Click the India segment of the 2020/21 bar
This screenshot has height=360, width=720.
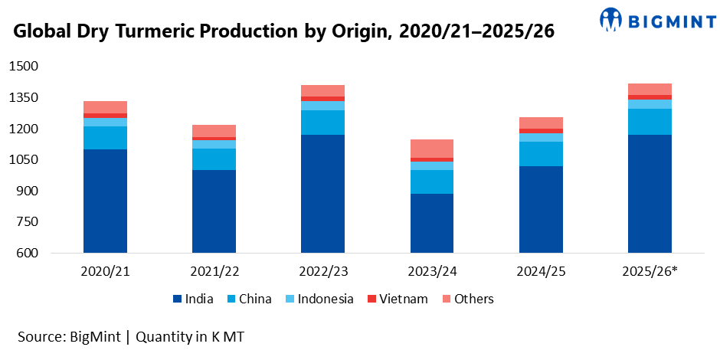[x=105, y=201]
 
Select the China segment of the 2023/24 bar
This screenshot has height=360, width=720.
[x=431, y=182]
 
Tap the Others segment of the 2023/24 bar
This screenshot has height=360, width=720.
[x=431, y=149]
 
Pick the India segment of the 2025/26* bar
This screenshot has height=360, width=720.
[x=650, y=194]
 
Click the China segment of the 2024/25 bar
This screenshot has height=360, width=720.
[x=541, y=154]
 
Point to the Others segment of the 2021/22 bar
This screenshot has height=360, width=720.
[x=214, y=130]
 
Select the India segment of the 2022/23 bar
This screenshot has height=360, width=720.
[x=322, y=194]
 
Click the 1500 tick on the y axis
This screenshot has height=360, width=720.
[x=22, y=67]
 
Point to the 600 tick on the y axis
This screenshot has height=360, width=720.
[x=26, y=254]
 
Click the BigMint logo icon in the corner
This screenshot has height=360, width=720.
[x=611, y=20]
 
